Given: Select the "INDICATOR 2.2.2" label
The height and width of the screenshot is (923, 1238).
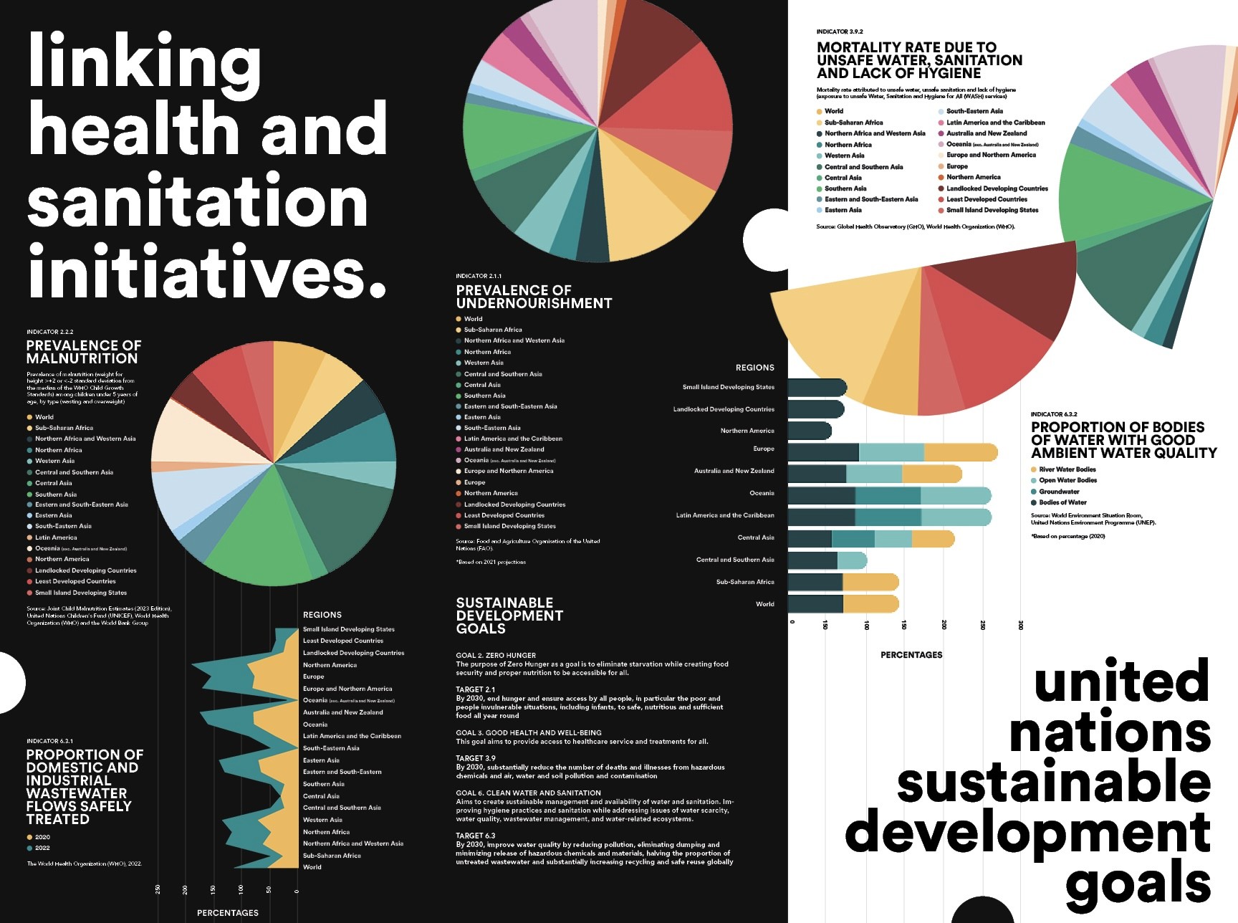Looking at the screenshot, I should [50, 332].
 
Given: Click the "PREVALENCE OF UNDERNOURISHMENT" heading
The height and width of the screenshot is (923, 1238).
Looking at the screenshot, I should [534, 297].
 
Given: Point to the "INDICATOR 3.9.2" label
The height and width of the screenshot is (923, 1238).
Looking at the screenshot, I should [840, 32].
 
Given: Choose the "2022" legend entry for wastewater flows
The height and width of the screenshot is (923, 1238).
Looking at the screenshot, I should [42, 848].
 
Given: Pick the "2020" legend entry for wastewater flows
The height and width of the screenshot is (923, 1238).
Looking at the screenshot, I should [42, 837].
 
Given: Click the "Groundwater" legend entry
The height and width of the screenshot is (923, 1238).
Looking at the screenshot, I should [1059, 492].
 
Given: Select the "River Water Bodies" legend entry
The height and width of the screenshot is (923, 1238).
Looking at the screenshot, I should [1067, 469].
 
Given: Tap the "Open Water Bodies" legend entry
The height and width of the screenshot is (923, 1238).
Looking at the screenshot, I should [1067, 480].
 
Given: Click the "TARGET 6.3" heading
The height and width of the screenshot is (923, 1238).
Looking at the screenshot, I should [476, 836].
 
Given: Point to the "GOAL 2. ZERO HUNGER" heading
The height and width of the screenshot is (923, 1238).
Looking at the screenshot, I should [496, 655].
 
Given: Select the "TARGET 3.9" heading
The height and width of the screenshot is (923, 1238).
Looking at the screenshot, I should [476, 758].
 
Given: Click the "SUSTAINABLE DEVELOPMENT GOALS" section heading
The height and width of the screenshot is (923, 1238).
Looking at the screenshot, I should [509, 616].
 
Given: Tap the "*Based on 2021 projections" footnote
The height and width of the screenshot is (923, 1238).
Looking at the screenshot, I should [491, 562].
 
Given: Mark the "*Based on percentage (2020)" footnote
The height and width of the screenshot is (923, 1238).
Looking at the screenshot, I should [1067, 536].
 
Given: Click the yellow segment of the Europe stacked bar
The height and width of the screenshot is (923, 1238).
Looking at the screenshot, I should [960, 452].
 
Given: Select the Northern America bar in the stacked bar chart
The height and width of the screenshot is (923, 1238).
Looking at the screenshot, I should [810, 431].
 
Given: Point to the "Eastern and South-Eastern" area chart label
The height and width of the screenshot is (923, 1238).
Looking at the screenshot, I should [342, 772].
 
